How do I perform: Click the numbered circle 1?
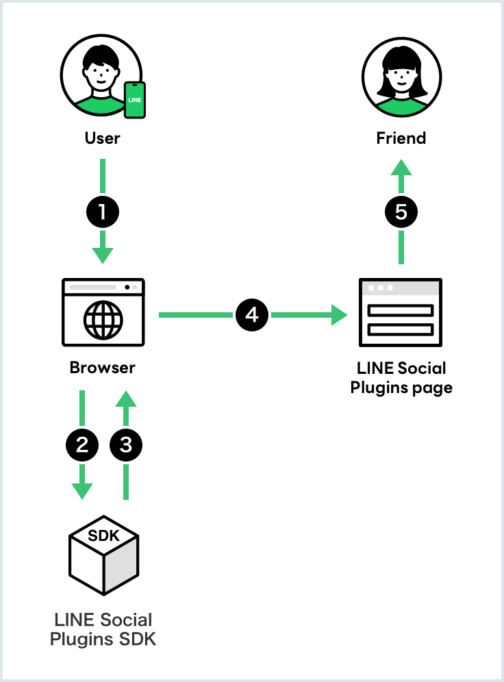tap(103, 212)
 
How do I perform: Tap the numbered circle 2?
tap(82, 445)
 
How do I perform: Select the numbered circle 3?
tap(125, 445)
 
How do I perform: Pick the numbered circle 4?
tap(252, 315)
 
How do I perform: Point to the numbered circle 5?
tap(401, 212)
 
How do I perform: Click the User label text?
tap(103, 138)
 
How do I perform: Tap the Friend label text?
tap(401, 138)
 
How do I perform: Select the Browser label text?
tap(103, 368)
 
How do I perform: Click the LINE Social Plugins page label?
tap(401, 378)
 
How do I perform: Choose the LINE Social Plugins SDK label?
tap(103, 630)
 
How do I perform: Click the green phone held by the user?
tap(135, 100)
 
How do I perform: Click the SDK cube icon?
tap(103, 558)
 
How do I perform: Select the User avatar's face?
tap(101, 74)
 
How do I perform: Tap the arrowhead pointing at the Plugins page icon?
tap(340, 315)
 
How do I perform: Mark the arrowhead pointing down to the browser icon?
tap(103, 256)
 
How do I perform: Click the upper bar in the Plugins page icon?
tap(401, 310)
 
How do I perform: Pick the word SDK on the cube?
tap(104, 535)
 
